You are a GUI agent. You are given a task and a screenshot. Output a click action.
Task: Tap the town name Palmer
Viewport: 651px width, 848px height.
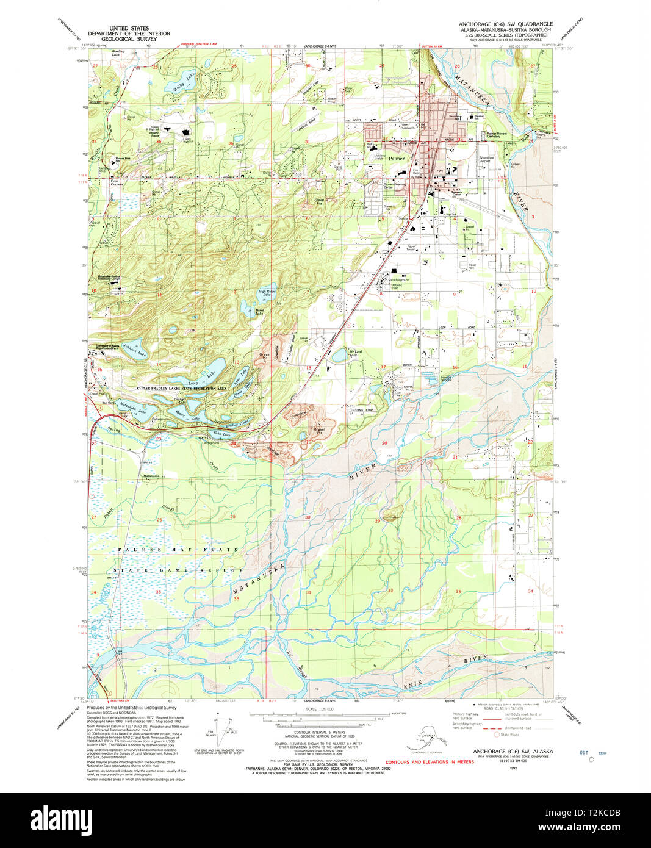(x=397, y=158)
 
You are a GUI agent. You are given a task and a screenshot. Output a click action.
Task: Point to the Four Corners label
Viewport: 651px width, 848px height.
(x=116, y=182)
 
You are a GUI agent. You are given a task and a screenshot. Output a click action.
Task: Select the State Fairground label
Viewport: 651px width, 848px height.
(x=399, y=280)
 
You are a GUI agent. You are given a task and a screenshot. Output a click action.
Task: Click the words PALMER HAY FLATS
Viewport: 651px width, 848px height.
(x=178, y=550)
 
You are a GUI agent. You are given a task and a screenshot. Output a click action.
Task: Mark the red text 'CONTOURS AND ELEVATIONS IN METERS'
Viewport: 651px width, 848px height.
(x=430, y=762)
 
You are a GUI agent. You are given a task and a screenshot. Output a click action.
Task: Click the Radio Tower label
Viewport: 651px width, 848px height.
(x=411, y=248)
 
